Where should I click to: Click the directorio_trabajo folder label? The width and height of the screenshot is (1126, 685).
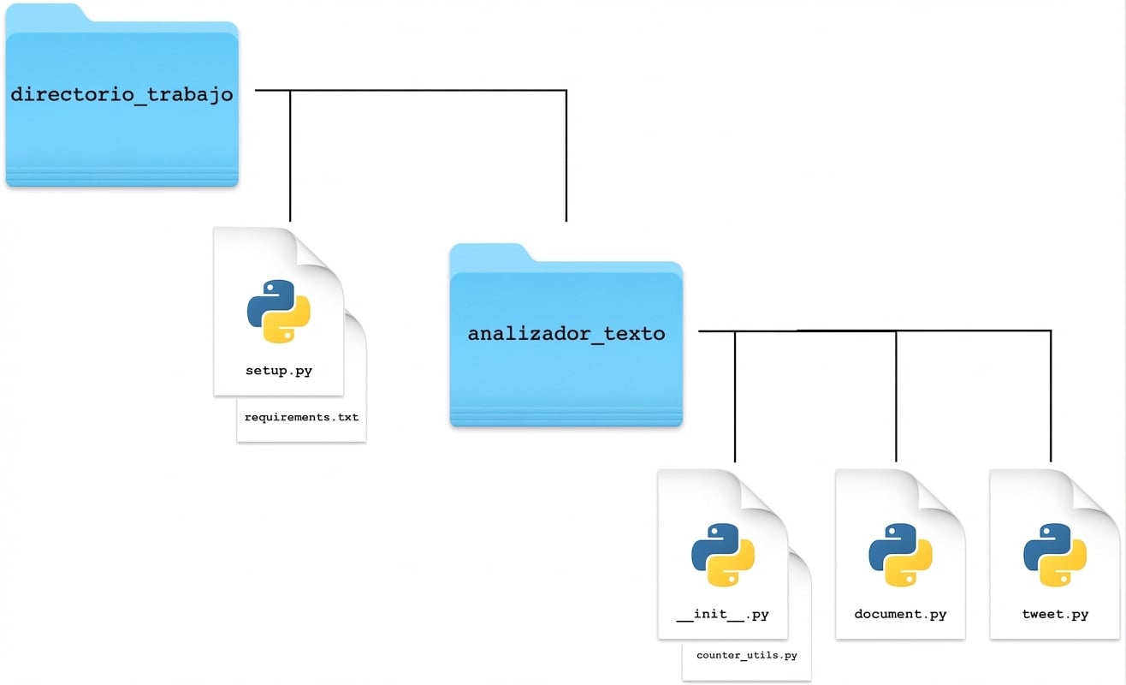[x=121, y=94]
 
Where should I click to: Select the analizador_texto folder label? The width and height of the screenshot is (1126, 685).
[x=566, y=333]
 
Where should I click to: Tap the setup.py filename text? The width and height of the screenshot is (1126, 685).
[x=278, y=372]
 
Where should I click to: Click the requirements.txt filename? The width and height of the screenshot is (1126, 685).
[x=301, y=418]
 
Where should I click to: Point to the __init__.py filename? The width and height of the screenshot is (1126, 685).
[x=722, y=614]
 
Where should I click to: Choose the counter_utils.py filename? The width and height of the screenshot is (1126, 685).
[x=746, y=655]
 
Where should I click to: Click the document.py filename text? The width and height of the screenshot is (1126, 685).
[x=900, y=614]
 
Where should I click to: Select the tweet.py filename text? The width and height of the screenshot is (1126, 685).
[x=1055, y=614]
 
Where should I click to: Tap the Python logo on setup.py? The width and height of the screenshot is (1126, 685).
[x=278, y=312]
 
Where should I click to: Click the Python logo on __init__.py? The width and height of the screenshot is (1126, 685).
[x=722, y=555]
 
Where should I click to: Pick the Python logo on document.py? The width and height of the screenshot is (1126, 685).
[x=900, y=555]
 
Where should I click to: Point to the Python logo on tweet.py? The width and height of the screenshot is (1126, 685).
[x=1055, y=555]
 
